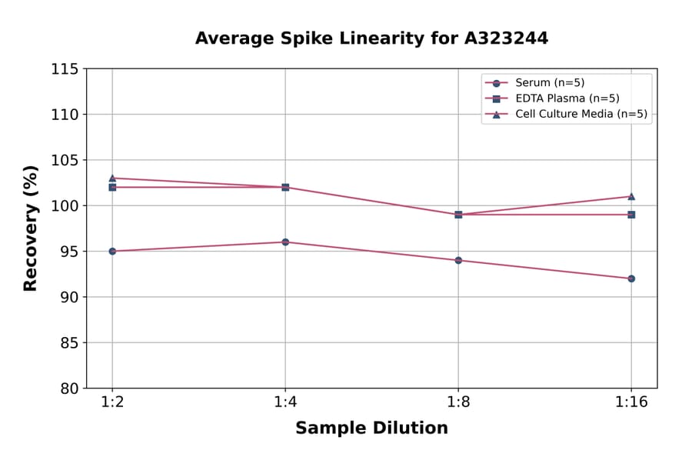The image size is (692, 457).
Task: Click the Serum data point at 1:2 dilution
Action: point(112,251)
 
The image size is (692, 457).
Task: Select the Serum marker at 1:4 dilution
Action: point(285,242)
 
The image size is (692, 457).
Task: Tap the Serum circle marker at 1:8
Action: point(458,260)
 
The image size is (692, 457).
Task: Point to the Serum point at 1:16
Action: point(631,279)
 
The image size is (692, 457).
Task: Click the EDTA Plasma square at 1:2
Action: point(112,187)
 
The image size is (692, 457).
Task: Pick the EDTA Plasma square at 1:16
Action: point(631,215)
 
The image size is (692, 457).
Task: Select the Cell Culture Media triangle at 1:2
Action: point(112,178)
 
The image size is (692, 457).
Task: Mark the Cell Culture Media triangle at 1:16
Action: point(631,196)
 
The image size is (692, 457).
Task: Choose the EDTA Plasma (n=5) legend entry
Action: point(567,98)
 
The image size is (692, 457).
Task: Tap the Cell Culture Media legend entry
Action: point(581,114)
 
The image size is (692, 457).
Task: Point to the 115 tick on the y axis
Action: point(65,69)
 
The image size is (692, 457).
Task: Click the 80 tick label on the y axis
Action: point(68,389)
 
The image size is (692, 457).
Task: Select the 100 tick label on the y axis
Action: point(65,205)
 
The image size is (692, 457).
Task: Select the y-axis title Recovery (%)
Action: point(31,228)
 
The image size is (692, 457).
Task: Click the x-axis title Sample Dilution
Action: point(371,429)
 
